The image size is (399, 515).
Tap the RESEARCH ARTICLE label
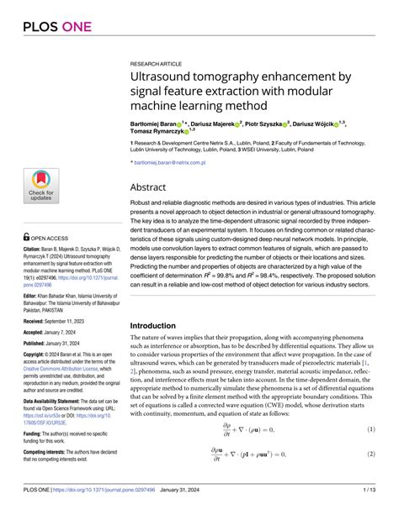coord(156,64)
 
